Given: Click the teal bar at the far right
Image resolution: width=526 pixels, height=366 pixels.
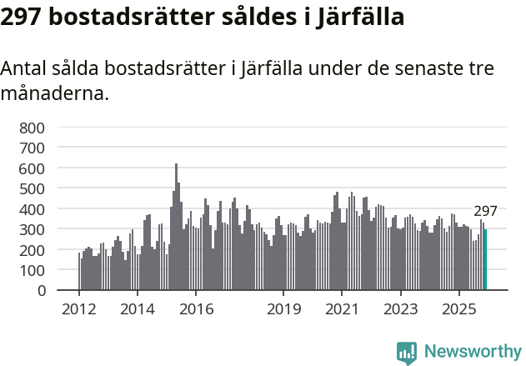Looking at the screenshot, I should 485,260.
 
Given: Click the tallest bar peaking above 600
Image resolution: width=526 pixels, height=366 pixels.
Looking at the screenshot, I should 176,227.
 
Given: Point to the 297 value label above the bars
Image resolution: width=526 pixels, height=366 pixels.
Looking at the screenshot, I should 485,211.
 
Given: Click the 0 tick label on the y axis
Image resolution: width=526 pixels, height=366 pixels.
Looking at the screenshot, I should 40,290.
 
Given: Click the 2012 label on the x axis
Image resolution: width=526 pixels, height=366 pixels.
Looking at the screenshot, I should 79,308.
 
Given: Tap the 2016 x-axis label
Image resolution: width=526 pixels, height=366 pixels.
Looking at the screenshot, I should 196,308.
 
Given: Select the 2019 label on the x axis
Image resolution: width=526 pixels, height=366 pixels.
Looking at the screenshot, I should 283,308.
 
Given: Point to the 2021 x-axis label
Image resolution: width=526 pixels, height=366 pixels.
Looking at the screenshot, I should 342,308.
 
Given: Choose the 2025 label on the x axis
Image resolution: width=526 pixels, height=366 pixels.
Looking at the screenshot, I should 458,308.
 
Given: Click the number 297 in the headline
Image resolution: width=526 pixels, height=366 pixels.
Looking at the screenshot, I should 21,16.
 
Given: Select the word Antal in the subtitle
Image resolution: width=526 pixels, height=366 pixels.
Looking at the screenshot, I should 26,68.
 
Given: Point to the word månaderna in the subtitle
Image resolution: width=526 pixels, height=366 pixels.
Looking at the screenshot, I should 54,93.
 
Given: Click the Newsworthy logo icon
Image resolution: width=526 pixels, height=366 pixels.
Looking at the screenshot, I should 407,352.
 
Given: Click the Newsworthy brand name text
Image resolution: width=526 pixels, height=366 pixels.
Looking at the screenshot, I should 472,352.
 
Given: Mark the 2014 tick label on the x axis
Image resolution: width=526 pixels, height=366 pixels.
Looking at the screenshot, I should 138,308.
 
